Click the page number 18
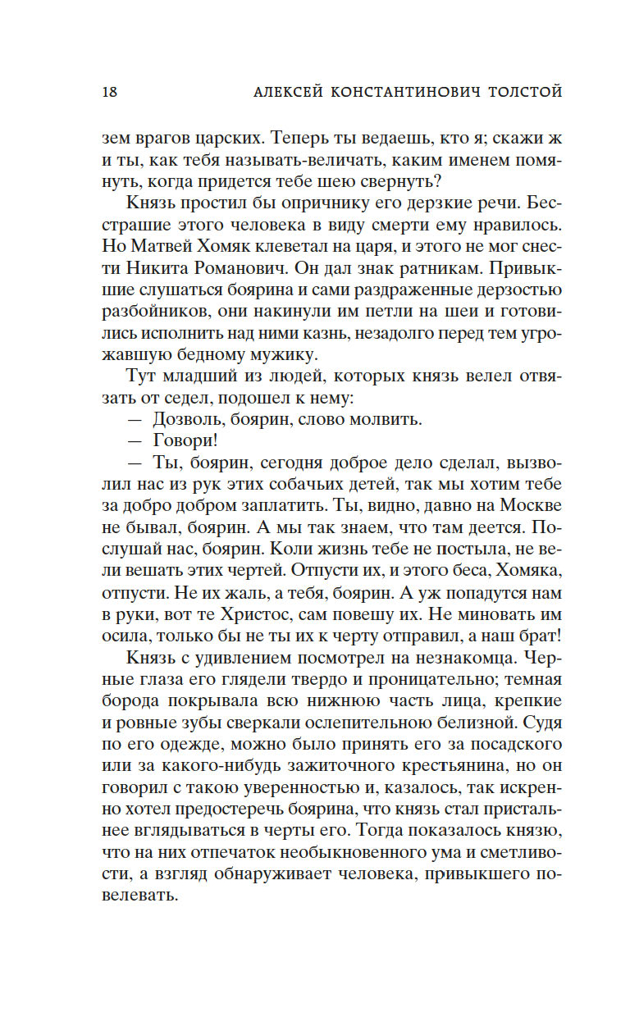pyautogui.click(x=109, y=91)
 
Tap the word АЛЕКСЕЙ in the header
pyautogui.click(x=287, y=91)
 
